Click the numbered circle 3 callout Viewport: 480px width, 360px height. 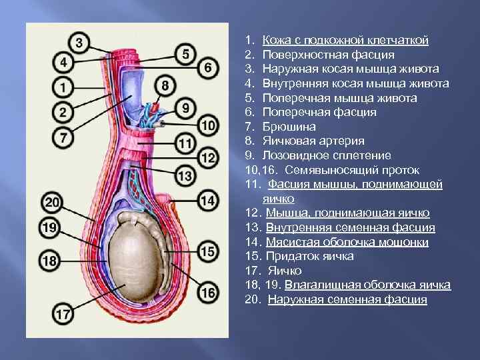(79, 43)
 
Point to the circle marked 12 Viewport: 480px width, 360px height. (208, 158)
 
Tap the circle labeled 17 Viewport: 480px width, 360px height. (64, 313)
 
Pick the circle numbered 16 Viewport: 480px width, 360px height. (208, 291)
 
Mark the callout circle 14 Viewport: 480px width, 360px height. (208, 199)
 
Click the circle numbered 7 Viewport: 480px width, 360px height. (63, 138)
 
